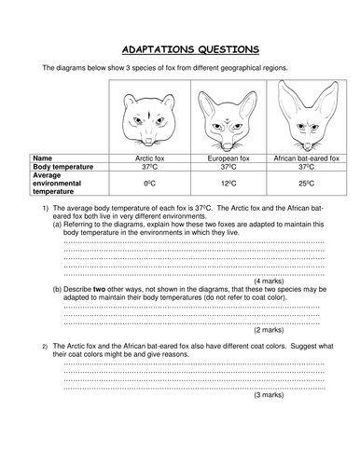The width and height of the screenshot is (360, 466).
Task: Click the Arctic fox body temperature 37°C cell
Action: click(x=150, y=169)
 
